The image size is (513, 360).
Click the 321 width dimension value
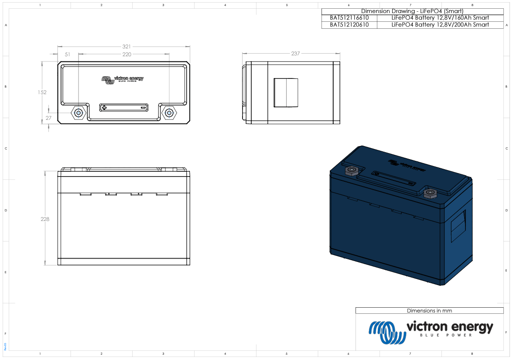point(127,46)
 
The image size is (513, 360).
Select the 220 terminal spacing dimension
point(127,54)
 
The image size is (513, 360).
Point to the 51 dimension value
point(68,54)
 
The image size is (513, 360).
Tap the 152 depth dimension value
point(42,92)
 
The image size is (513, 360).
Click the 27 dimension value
point(49,118)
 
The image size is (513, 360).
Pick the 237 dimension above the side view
point(295,54)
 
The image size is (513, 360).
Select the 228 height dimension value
point(45,219)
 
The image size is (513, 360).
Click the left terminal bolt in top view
point(79,113)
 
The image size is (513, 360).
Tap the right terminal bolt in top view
point(168,113)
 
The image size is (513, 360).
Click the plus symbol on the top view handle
point(104,107)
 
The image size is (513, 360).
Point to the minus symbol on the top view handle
point(144,107)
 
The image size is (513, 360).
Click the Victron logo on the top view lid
point(123,79)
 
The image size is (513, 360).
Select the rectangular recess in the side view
point(286,92)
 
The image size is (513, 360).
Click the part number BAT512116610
point(349,18)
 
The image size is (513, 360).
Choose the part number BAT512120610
point(349,25)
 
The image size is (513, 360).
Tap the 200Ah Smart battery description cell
point(440,25)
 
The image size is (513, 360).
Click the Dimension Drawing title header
point(412,11)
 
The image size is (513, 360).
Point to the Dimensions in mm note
point(429,311)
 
